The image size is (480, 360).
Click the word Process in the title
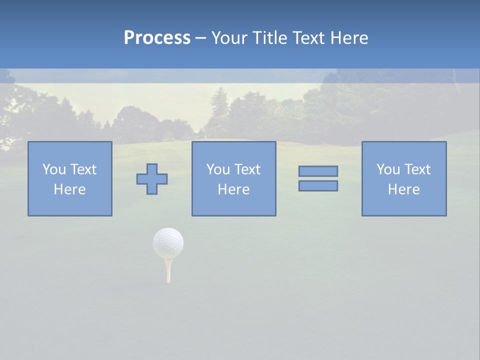pyautogui.click(x=157, y=38)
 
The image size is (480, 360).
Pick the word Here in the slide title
pyautogui.click(x=349, y=38)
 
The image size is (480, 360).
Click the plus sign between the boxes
pyautogui.click(x=152, y=179)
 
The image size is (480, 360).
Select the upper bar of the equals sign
pyautogui.click(x=318, y=171)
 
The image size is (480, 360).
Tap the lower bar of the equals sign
pyautogui.click(x=318, y=185)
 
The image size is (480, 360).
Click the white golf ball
pyautogui.click(x=168, y=243)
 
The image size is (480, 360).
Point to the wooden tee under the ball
pyautogui.click(x=168, y=271)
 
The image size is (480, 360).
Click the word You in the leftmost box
pyautogui.click(x=54, y=169)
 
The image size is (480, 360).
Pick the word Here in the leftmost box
pyautogui.click(x=69, y=189)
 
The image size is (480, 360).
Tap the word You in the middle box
pyautogui.click(x=218, y=169)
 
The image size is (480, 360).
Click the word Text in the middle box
pyautogui.click(x=247, y=169)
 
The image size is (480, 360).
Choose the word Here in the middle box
pyautogui.click(x=233, y=189)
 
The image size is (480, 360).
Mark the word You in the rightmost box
pyautogui.click(x=388, y=169)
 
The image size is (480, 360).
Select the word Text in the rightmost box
pyautogui.click(x=417, y=169)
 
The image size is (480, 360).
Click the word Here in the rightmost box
pyautogui.click(x=403, y=189)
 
